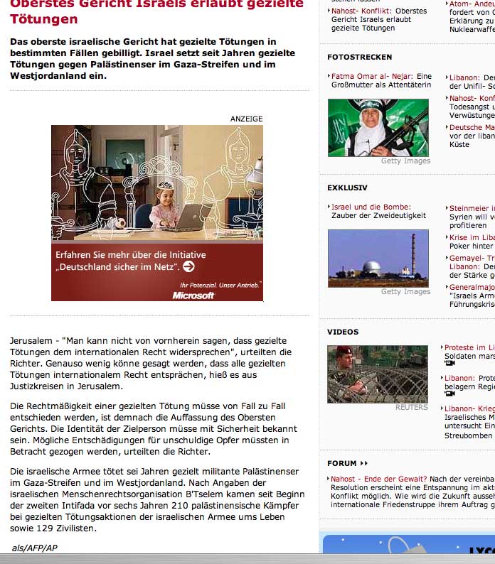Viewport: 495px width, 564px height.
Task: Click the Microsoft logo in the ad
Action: [x=193, y=295]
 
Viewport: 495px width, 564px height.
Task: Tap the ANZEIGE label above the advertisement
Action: [x=246, y=119]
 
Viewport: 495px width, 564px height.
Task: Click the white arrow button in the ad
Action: [x=188, y=266]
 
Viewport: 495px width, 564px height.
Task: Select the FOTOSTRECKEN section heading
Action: [x=359, y=57]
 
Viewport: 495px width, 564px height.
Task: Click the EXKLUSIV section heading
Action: [x=347, y=188]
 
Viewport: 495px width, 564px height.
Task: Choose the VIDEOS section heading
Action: [x=343, y=332]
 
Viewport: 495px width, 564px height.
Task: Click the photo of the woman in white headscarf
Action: [x=378, y=128]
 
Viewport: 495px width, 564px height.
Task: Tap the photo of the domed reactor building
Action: [x=378, y=258]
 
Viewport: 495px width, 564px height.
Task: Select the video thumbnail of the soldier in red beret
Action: [x=378, y=374]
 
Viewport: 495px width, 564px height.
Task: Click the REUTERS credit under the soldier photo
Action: [x=412, y=408]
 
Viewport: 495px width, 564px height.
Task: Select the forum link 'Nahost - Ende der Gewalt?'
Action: [x=378, y=479]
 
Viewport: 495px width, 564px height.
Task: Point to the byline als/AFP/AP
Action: [x=35, y=548]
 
